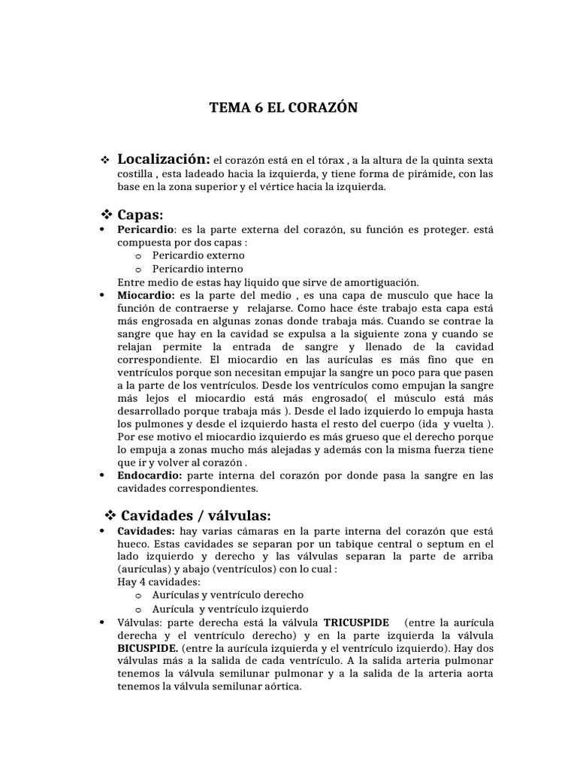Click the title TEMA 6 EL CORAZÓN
click(x=283, y=108)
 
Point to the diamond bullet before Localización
click(x=105, y=161)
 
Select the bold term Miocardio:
click(x=146, y=296)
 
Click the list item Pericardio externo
click(x=198, y=255)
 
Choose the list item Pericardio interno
click(x=198, y=269)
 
